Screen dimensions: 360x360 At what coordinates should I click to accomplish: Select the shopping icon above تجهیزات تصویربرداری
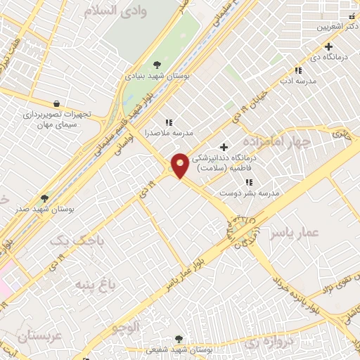pos(56,103)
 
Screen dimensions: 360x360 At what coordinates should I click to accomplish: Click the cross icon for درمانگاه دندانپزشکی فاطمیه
pos(224,147)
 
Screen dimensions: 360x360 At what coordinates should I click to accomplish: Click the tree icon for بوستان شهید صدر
pos(45,199)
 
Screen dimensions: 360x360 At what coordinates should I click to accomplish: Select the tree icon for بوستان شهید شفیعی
pos(177,340)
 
